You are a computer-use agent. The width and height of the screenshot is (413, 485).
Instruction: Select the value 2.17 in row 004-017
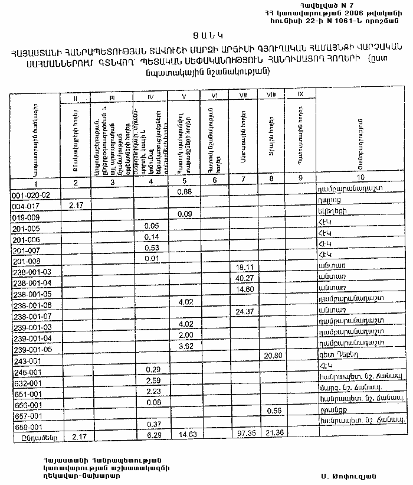(x=77, y=205)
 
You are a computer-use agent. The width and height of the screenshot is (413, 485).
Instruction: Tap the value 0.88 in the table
(x=185, y=191)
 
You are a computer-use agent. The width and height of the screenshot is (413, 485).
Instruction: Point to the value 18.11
(x=243, y=268)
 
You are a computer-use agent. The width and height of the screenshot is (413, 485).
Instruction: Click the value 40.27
(x=243, y=278)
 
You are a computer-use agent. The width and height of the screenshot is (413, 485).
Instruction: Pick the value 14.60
(x=243, y=289)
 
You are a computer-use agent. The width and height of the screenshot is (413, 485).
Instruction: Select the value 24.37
(x=243, y=311)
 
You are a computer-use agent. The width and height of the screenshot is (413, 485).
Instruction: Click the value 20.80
(x=273, y=356)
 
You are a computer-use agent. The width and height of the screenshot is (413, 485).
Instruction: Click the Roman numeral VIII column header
(x=271, y=95)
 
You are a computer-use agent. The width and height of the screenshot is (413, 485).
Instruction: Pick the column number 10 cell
(x=360, y=177)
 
